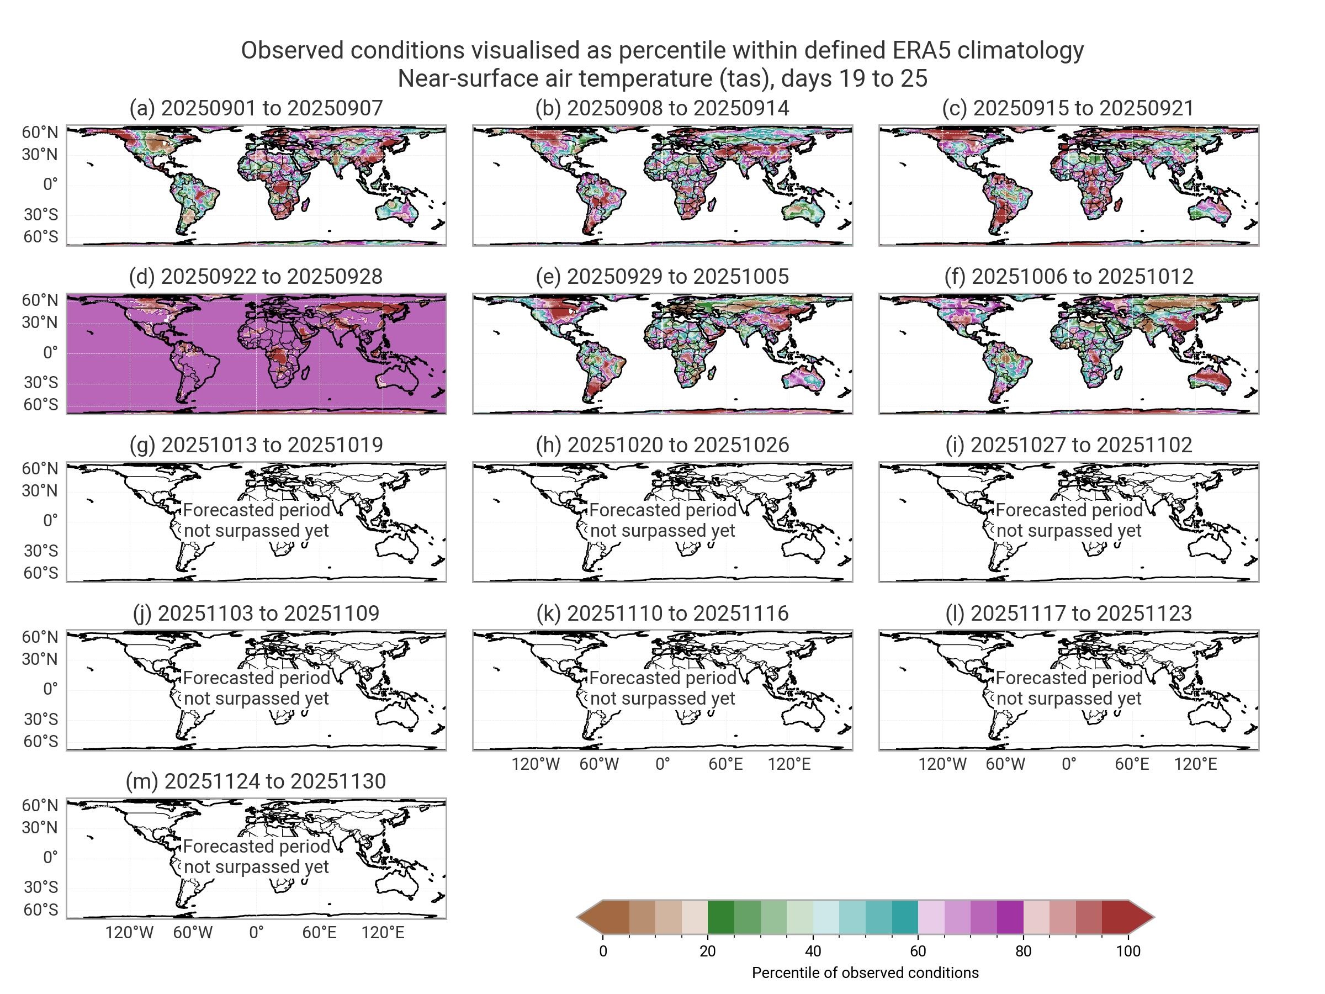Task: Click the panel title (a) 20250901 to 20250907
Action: [256, 108]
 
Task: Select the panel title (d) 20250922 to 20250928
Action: [256, 276]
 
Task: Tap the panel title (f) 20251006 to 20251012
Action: [1068, 276]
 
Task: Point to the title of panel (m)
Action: [256, 781]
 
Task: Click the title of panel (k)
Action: [662, 613]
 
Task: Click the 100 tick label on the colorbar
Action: [1128, 951]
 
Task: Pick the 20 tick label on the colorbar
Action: [707, 951]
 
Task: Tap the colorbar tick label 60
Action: [918, 951]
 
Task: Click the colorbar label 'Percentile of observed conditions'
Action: [865, 973]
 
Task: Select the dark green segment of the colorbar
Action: [720, 917]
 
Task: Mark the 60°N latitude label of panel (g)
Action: [40, 468]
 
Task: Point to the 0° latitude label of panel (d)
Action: [50, 352]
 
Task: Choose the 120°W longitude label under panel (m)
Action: [129, 933]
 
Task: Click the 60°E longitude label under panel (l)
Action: [1132, 764]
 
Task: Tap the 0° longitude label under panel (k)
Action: [662, 764]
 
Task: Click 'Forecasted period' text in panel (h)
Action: [662, 510]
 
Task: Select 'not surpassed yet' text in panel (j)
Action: [256, 699]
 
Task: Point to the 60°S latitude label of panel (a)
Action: [41, 237]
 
